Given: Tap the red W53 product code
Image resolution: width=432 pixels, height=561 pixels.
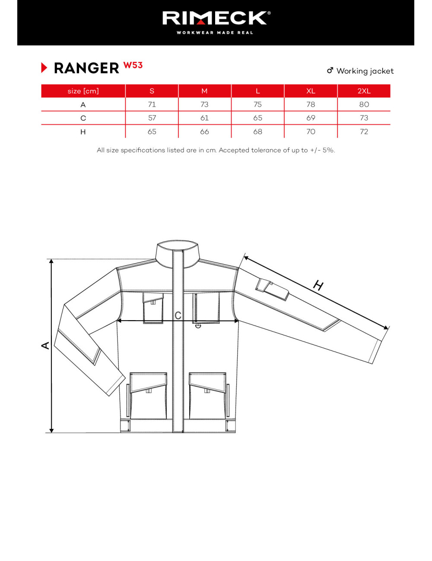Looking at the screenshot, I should coord(133,65).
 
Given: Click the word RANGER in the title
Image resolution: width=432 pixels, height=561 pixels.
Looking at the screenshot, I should coord(86,68).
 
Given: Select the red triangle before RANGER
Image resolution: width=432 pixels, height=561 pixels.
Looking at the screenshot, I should coord(44,68).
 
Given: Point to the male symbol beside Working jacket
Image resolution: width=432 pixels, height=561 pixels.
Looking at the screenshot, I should coord(330,70).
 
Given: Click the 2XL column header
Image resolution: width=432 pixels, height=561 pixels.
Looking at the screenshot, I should coord(364,91).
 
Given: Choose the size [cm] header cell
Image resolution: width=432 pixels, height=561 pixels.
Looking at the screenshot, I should coord(83,91).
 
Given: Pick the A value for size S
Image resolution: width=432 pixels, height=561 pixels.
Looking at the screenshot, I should coord(152,104).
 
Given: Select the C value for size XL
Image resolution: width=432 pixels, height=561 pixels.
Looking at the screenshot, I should coord(311,118).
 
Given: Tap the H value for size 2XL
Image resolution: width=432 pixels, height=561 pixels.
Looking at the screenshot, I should coord(364,132).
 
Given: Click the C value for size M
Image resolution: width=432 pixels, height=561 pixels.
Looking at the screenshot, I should coord(204,118).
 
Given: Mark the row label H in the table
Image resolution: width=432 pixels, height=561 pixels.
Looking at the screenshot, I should coord(83,132).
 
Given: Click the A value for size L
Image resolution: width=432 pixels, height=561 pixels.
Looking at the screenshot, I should coord(257,104).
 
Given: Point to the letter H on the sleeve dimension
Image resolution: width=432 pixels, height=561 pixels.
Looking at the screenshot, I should coord(318,285).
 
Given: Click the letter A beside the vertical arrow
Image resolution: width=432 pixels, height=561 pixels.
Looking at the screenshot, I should coord(45,345).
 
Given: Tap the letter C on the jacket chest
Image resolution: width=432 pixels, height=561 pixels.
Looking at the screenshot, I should coord(178,315).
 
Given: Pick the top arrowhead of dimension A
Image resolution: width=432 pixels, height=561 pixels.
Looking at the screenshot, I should coord(51,261).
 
